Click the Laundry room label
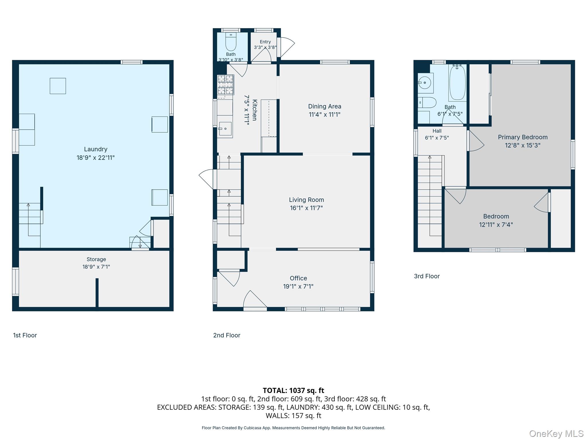click(x=95, y=149)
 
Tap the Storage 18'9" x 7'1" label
click(x=96, y=263)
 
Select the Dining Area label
click(x=325, y=106)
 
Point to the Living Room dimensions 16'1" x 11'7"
click(x=306, y=208)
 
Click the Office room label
click(x=298, y=278)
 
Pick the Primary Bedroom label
click(x=523, y=137)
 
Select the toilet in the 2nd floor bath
click(x=231, y=42)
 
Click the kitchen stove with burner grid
click(x=226, y=85)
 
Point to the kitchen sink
click(x=225, y=129)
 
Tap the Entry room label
click(x=265, y=42)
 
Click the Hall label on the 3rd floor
click(x=437, y=131)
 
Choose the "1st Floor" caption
click(x=25, y=335)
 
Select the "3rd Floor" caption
click(x=427, y=276)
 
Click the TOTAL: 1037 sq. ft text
click(x=293, y=390)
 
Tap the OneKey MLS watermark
click(x=556, y=434)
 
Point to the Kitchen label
click(x=255, y=110)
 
